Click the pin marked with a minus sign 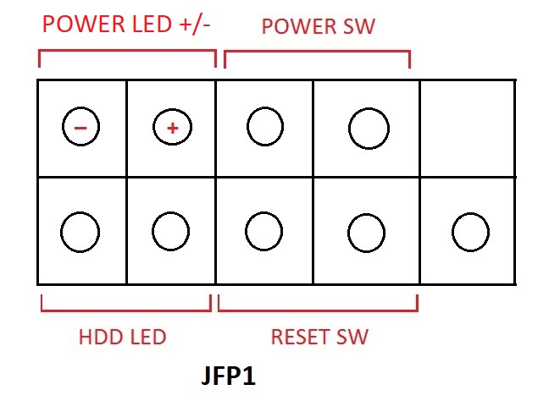click(81, 128)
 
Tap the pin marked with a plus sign click(171, 128)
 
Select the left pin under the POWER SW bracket click(264, 127)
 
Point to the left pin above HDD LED click(80, 231)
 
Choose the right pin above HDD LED click(170, 231)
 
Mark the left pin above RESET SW click(263, 231)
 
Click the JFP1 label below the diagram click(229, 376)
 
